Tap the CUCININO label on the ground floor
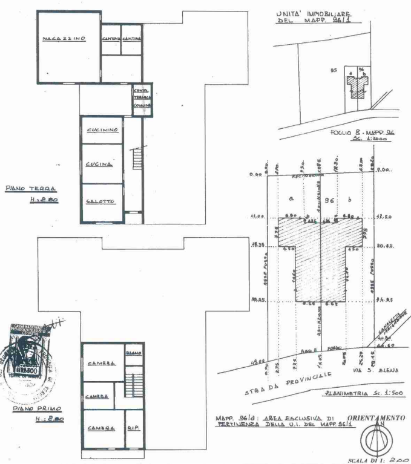click(101, 131)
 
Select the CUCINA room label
click(97, 165)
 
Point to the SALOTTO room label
click(100, 202)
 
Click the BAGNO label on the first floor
click(133, 353)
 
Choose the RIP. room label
click(133, 428)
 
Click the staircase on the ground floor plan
click(137, 160)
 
